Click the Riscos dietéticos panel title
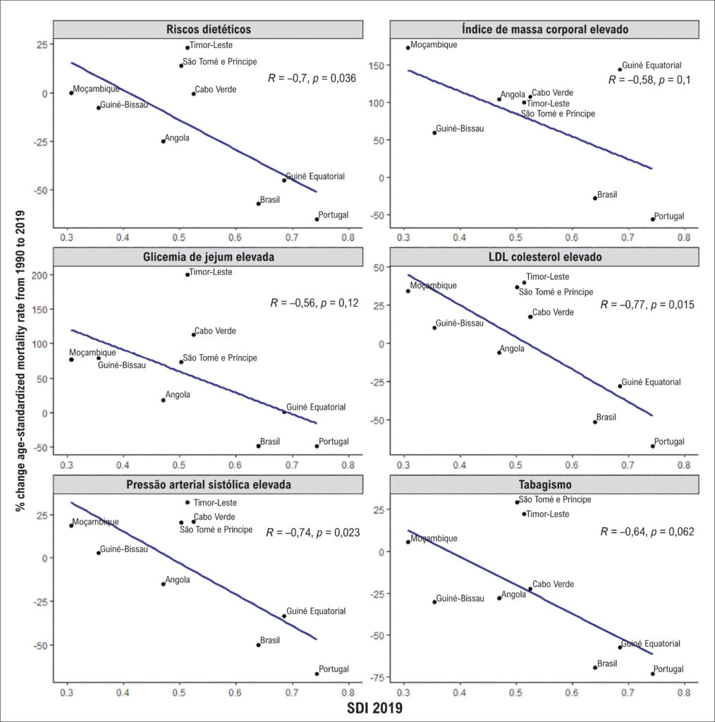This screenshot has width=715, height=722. point(209,30)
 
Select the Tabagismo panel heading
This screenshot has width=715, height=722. point(544,484)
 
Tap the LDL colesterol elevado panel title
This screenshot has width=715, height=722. point(544,257)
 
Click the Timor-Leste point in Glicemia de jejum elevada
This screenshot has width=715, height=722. point(188,274)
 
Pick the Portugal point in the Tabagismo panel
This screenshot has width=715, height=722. point(653,673)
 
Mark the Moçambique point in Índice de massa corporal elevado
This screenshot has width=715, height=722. point(408,47)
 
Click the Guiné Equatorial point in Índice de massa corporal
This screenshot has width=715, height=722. point(620,70)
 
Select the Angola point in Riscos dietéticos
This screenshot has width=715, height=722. point(163,141)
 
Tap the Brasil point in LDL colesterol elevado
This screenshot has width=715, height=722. point(595,422)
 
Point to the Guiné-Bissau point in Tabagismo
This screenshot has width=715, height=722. point(434,602)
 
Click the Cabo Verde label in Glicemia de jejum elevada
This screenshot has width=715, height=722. point(215,331)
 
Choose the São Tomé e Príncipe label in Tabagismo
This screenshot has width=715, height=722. point(555,499)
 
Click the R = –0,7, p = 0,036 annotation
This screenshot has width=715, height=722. point(312,78)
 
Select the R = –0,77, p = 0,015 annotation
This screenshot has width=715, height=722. point(647,305)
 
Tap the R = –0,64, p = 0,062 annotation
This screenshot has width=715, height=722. point(647,532)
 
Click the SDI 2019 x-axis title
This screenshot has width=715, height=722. point(374,708)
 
